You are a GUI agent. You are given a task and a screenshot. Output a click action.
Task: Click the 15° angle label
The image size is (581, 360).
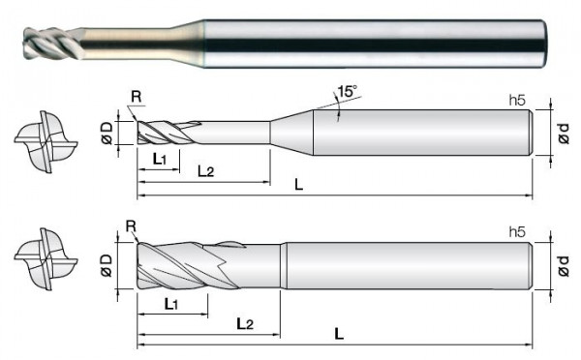point(347,91)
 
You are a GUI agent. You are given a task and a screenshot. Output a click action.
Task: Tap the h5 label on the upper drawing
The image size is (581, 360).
point(517,100)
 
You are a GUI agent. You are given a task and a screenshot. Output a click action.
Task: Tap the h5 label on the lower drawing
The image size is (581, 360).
point(517,232)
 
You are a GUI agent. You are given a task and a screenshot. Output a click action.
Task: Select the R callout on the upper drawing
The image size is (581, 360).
point(136,97)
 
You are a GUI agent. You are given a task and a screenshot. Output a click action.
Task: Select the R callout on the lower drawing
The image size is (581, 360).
point(131,225)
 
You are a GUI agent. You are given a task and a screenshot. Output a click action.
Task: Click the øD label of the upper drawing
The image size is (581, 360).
point(107,134)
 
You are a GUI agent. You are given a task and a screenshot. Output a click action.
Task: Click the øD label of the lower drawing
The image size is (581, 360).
point(107,265)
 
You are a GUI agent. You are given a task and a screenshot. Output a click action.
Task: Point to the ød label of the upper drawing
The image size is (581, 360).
point(564,134)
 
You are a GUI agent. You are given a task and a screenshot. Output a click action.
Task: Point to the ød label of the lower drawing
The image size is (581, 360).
point(564,265)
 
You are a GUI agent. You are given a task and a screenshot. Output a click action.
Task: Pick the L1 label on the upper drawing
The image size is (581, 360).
point(160,160)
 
